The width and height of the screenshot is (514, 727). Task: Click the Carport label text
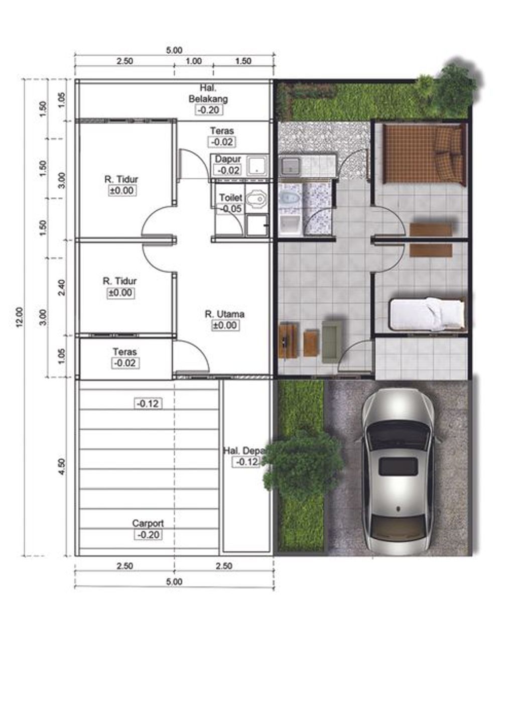(148, 523)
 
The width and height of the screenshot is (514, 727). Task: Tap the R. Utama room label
(224, 314)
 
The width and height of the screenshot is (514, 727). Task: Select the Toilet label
(230, 197)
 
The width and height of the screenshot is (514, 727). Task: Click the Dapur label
(228, 159)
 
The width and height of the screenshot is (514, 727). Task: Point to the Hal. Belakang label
(208, 93)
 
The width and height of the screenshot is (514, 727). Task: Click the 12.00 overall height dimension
(20, 317)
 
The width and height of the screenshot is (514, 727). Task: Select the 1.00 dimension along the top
(194, 61)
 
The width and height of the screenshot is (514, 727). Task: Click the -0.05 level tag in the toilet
(231, 209)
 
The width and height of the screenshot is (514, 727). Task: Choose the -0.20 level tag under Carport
(148, 535)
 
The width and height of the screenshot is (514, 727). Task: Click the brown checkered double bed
(423, 154)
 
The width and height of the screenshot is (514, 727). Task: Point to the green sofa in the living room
(331, 339)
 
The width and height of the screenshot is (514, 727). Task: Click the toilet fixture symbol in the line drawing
(256, 198)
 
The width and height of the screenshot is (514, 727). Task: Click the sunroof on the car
(398, 466)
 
